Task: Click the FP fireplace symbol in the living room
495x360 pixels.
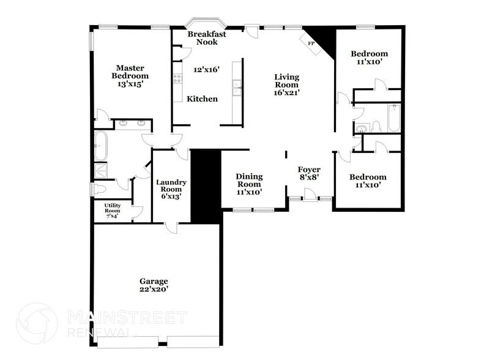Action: click(x=310, y=43)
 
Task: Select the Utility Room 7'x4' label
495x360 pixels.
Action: click(x=112, y=211)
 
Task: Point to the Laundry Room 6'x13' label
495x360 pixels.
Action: click(x=171, y=189)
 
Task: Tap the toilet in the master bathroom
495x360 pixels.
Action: click(x=98, y=189)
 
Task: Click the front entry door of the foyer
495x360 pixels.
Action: click(x=310, y=195)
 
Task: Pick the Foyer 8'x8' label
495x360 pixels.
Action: click(x=310, y=173)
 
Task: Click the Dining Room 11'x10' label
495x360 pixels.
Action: click(x=249, y=184)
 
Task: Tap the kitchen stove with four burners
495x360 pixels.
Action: click(x=178, y=78)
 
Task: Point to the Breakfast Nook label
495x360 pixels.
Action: click(x=207, y=38)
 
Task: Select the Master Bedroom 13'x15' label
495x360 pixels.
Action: click(x=130, y=76)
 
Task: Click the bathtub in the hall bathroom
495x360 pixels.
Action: click(x=393, y=118)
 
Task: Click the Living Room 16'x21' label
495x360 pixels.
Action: click(x=286, y=84)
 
